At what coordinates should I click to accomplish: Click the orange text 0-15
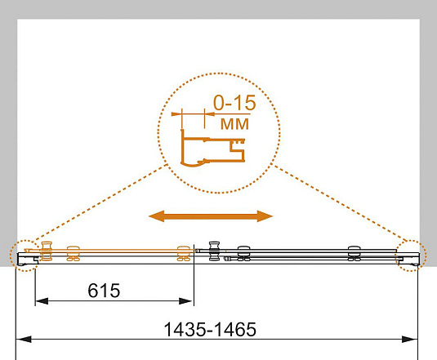click(234, 103)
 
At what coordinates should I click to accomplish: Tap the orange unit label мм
click(234, 124)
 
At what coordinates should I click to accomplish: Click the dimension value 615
click(104, 291)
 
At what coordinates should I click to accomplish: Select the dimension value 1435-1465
click(210, 329)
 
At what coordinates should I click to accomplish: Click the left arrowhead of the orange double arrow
click(156, 216)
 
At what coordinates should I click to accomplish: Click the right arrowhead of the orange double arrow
click(265, 216)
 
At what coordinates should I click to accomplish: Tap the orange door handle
click(47, 251)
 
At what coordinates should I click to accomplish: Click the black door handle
click(214, 251)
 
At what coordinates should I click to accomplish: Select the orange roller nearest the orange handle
click(74, 253)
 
